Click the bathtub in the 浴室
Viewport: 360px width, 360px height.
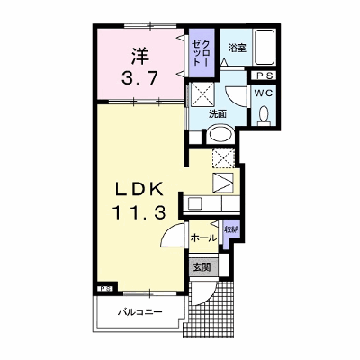click(265, 47)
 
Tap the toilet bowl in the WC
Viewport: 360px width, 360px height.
click(265, 116)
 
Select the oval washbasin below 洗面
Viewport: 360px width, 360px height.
click(220, 134)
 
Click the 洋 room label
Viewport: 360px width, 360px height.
click(139, 56)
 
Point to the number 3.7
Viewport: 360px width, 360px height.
click(139, 78)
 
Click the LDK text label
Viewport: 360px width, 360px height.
click(139, 189)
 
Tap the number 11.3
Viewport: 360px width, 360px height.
click(139, 213)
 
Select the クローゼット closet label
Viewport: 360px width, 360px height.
click(201, 53)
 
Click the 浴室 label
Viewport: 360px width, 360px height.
click(237, 48)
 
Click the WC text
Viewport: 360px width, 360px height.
click(264, 94)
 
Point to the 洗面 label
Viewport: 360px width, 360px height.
click(218, 114)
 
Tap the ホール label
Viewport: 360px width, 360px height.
click(203, 238)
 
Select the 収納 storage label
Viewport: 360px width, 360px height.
click(231, 229)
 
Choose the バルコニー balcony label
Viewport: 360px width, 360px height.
click(139, 312)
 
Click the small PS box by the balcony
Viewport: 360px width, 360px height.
click(105, 289)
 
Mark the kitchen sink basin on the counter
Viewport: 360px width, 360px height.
click(195, 204)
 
